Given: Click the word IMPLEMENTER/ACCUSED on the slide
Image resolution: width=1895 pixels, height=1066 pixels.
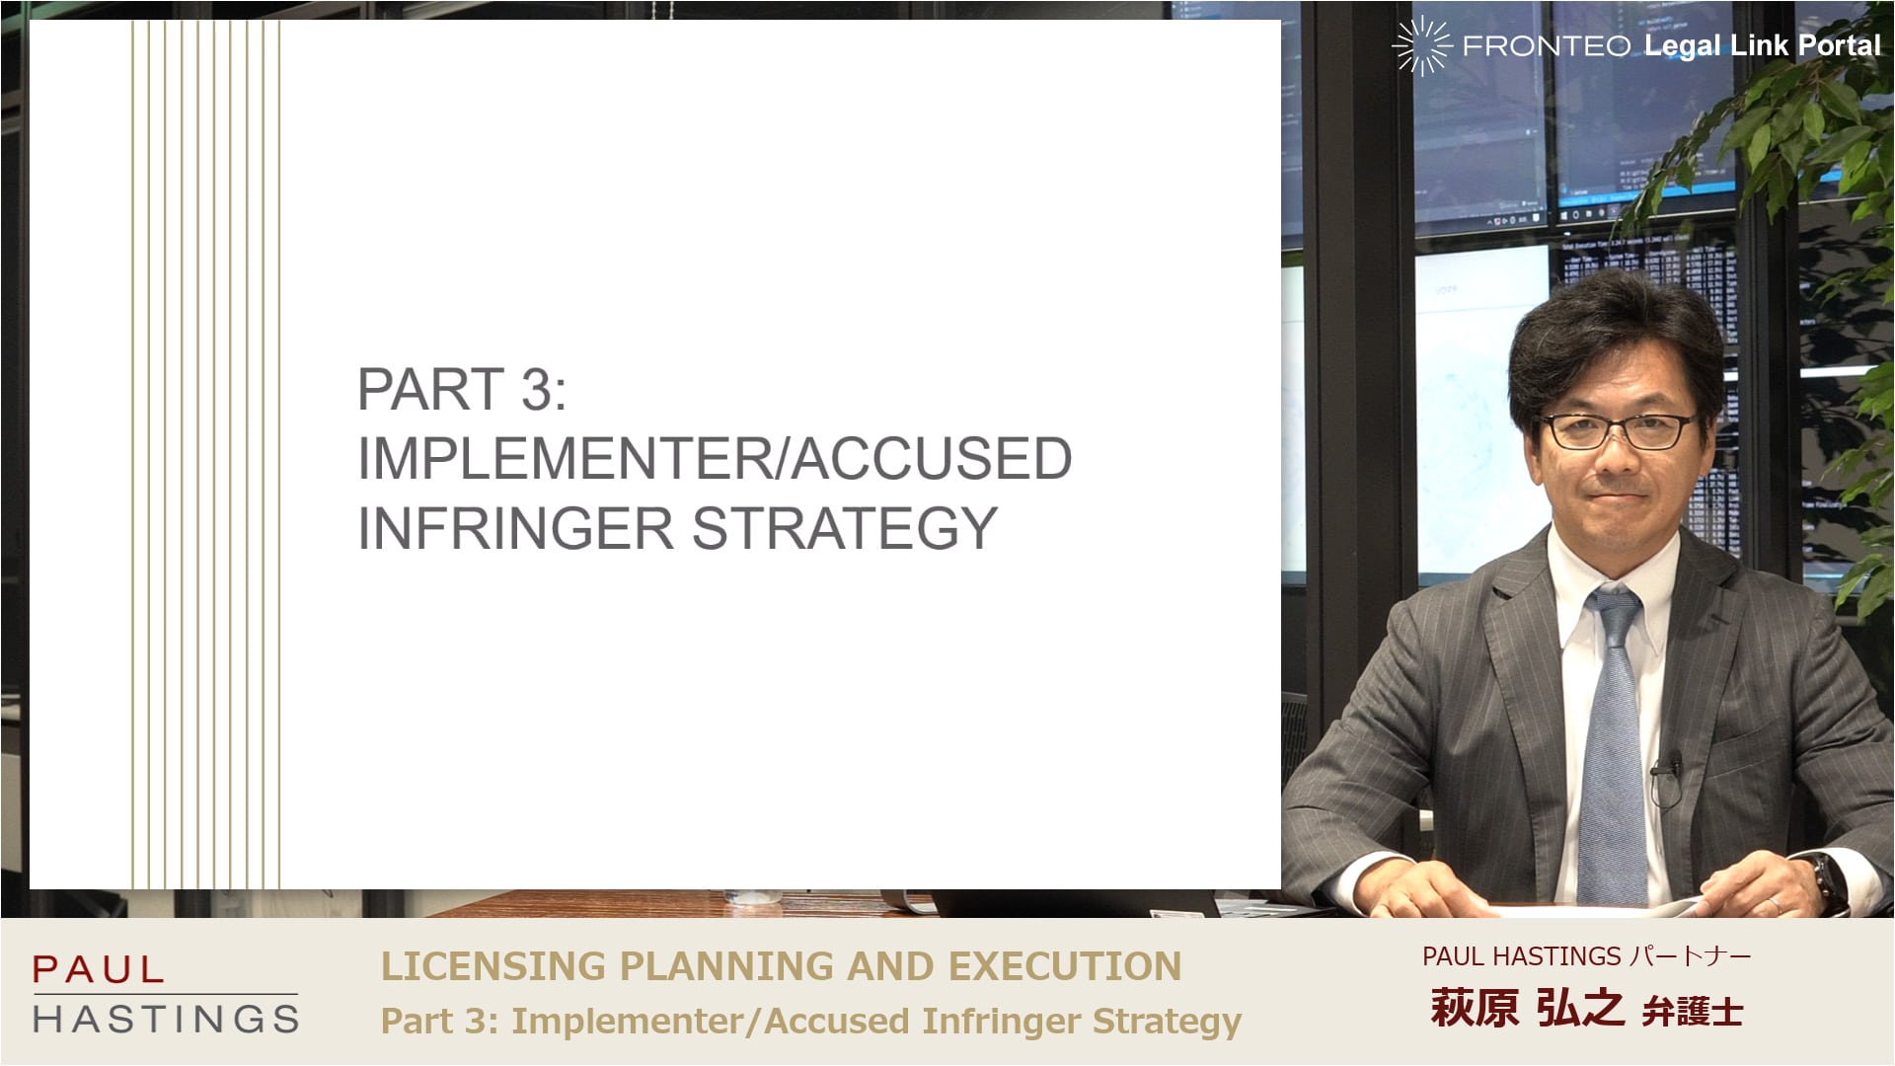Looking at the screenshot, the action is (x=715, y=458).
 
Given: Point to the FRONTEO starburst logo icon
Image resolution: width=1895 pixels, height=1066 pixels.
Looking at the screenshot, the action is (x=1421, y=45).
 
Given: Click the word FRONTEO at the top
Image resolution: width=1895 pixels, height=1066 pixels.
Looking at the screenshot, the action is (x=1547, y=45).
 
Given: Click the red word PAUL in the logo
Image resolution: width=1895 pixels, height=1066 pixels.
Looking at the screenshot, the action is (x=98, y=969).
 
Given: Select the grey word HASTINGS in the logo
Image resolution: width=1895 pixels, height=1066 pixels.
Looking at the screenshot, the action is (x=166, y=1019).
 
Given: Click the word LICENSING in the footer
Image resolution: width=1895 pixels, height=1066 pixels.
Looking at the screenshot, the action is (x=493, y=966).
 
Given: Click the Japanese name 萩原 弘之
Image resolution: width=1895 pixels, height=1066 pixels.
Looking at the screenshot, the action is (x=1527, y=1008).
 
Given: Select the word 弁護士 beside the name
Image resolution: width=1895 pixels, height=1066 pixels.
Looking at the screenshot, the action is (x=1693, y=1012).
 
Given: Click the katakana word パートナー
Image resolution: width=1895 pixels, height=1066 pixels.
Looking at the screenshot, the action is (x=1691, y=955).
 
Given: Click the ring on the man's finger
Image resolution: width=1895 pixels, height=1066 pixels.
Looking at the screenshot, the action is (x=1774, y=903).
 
